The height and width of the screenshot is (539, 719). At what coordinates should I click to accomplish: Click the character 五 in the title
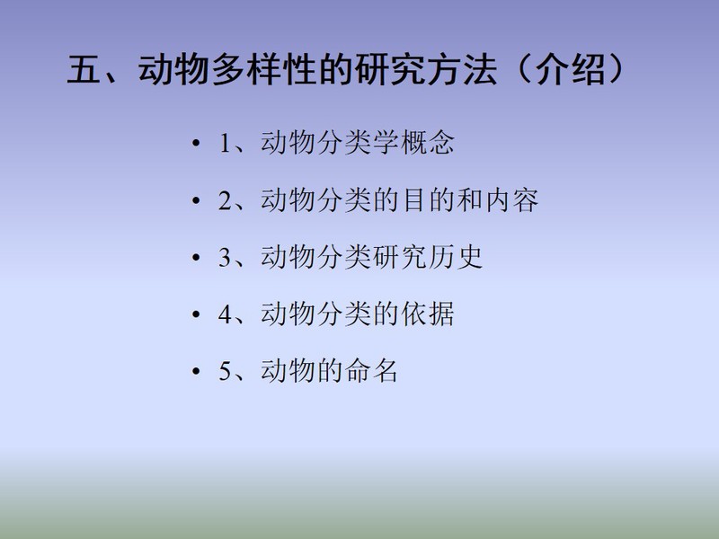[x=84, y=70]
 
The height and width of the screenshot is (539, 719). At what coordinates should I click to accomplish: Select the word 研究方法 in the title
[x=426, y=70]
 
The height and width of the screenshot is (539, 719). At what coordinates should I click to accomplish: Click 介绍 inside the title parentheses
[x=571, y=70]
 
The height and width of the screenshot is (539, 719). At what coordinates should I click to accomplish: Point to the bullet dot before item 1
[x=196, y=144]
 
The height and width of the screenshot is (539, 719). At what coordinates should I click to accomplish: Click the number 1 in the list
[x=225, y=143]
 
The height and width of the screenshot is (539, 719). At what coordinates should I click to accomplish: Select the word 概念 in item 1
[x=428, y=143]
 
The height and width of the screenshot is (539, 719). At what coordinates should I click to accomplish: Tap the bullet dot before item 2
[x=196, y=200]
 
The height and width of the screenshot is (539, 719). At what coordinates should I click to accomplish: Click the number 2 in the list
[x=226, y=200]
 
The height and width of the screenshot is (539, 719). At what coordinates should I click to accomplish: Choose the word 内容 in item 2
[x=512, y=200]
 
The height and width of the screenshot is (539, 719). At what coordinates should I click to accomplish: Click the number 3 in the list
[x=226, y=257]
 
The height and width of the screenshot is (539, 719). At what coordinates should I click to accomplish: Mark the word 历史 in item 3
[x=456, y=257]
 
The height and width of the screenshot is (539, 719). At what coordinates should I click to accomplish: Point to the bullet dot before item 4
[x=196, y=315]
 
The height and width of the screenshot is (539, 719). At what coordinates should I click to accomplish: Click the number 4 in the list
[x=226, y=314]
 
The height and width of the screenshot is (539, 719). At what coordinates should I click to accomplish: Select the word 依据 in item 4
[x=428, y=314]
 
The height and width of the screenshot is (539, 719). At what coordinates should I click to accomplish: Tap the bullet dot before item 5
[x=196, y=372]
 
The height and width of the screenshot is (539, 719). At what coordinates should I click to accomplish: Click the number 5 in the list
[x=226, y=371]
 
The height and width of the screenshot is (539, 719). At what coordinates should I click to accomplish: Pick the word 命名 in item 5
[x=371, y=371]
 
